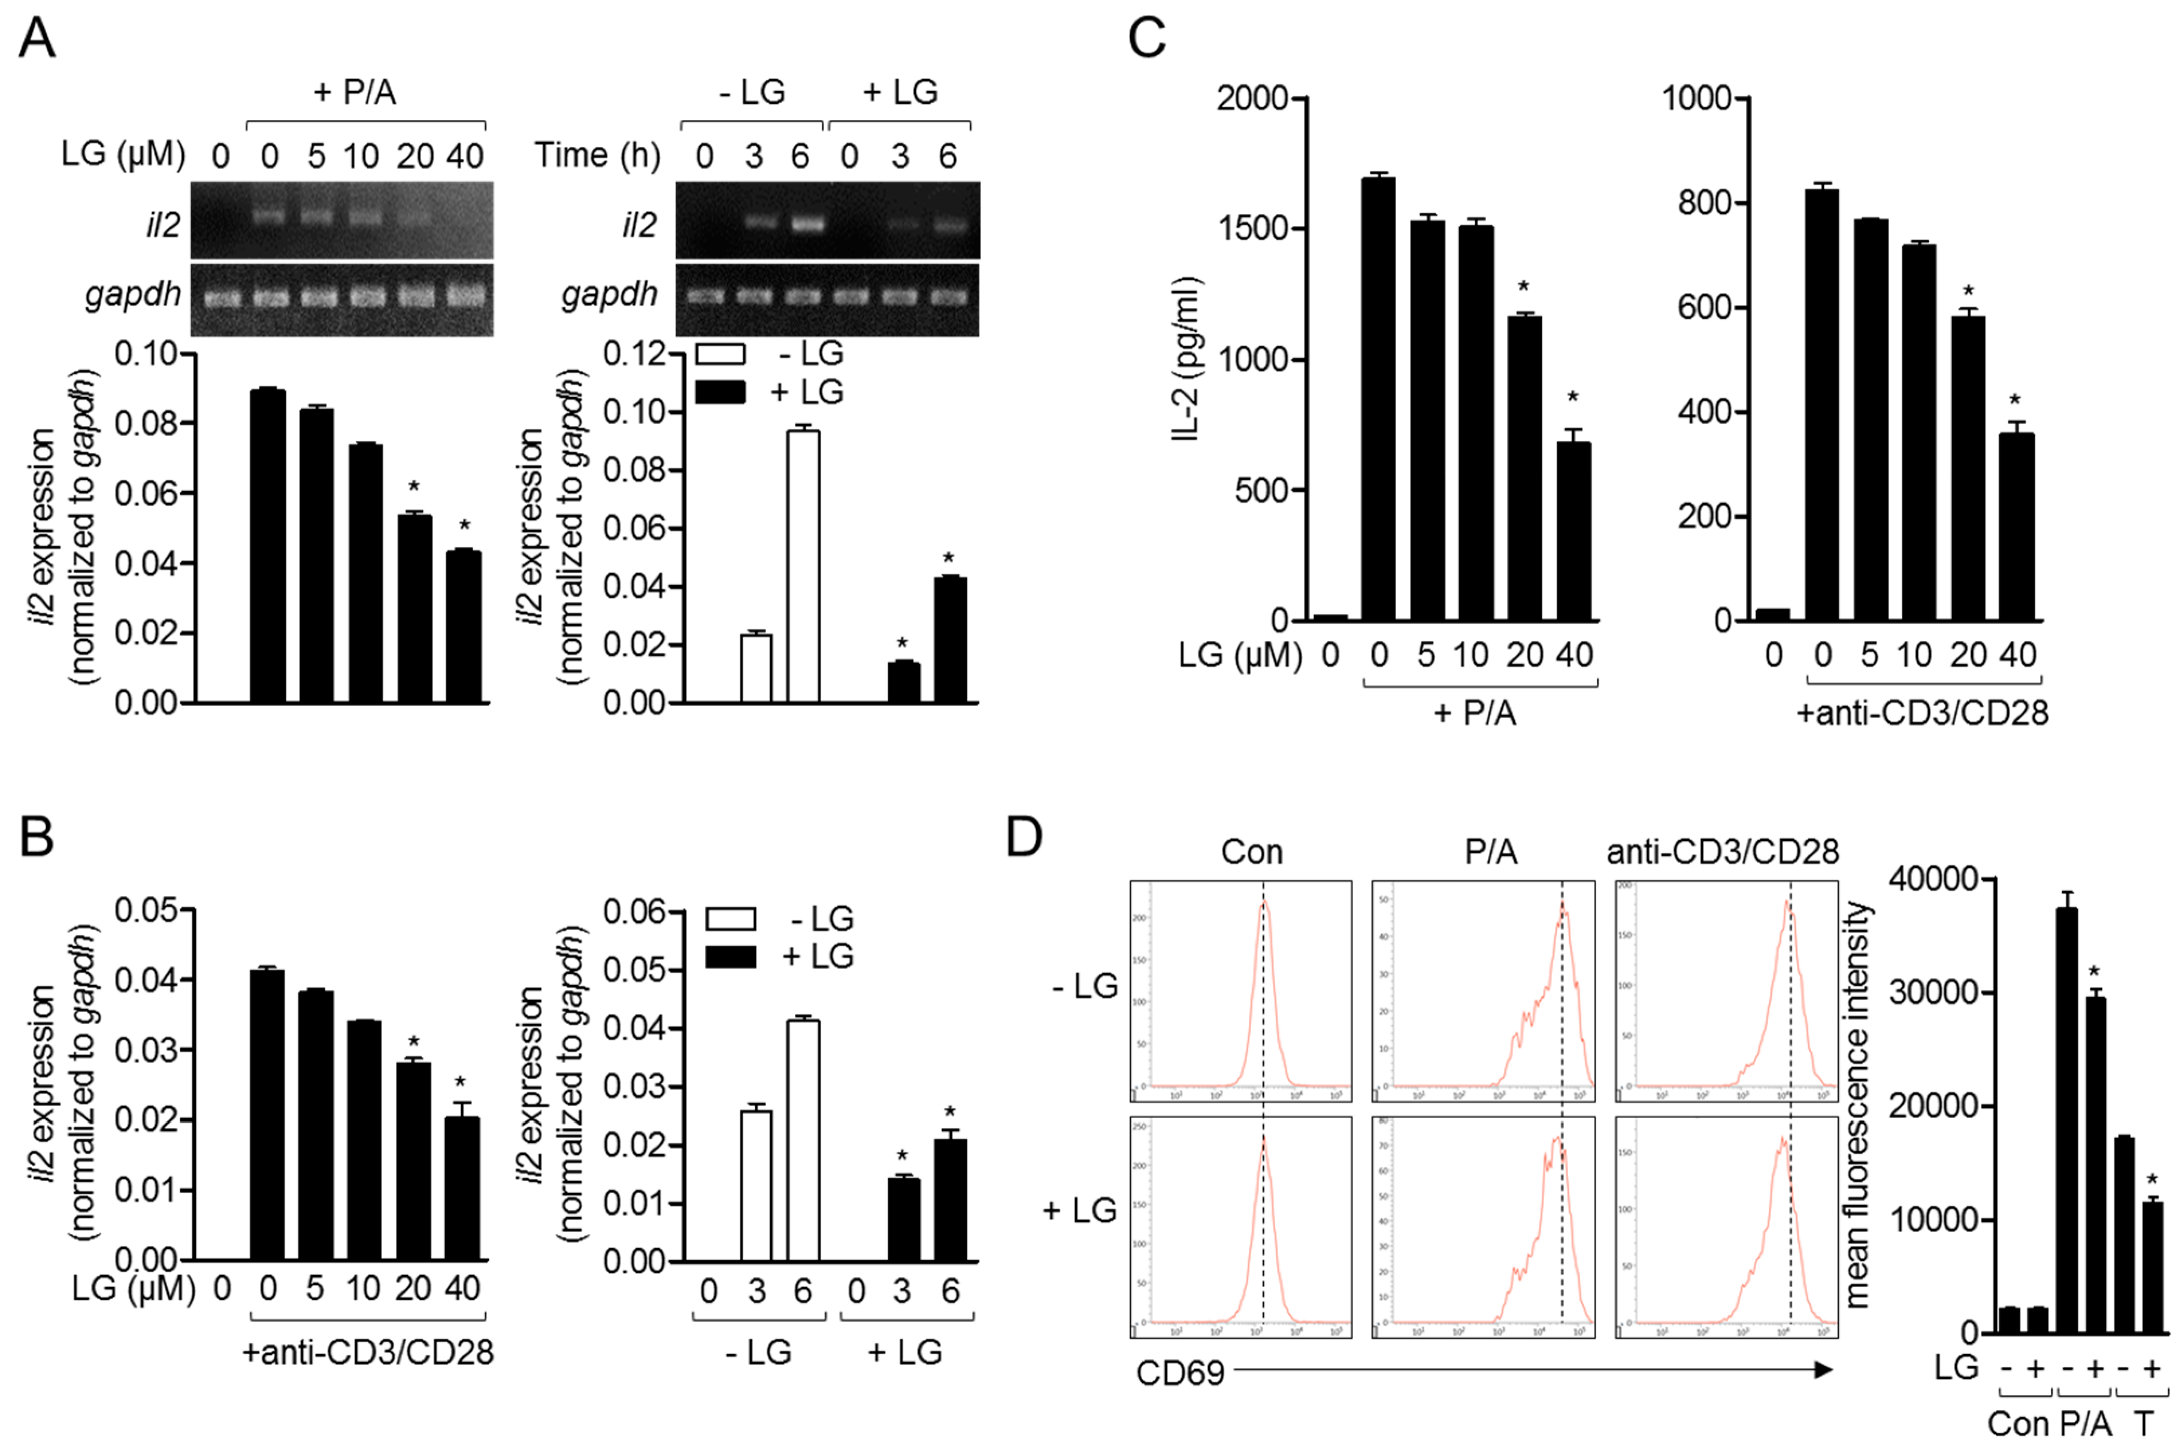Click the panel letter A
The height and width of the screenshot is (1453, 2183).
(37, 39)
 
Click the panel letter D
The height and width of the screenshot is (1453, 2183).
(1024, 837)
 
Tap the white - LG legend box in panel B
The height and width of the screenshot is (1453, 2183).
(730, 918)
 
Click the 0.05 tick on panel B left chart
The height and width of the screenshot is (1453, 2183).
(146, 910)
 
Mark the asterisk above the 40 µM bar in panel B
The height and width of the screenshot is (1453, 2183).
(460, 1082)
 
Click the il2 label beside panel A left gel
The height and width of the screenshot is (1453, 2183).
(162, 225)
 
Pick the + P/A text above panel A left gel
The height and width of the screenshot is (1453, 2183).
(355, 92)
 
